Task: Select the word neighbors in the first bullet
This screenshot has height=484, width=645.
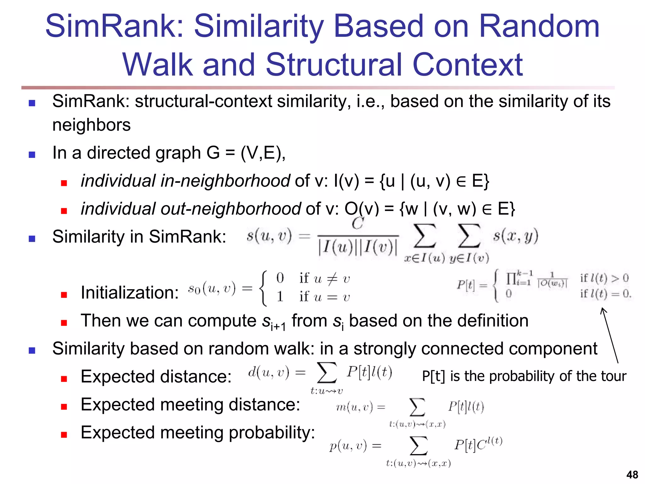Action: (x=91, y=125)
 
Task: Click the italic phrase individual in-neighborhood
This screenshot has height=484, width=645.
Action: (x=185, y=181)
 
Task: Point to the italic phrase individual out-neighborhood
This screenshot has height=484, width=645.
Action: (x=191, y=209)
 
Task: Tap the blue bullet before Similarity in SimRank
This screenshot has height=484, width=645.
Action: (x=32, y=239)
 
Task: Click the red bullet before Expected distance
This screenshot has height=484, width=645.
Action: (x=64, y=378)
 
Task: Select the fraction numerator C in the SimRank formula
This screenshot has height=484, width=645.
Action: (x=358, y=224)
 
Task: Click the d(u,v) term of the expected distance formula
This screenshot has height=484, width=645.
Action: (x=268, y=372)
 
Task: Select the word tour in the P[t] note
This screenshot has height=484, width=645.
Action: (x=614, y=376)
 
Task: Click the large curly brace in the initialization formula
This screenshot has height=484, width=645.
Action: (x=263, y=288)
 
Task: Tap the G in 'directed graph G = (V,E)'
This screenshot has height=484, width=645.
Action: (x=213, y=153)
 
